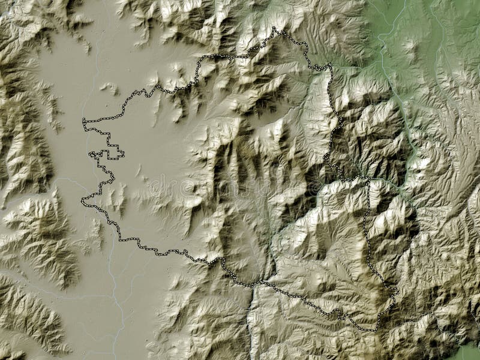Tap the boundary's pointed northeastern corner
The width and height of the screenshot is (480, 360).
click(x=329, y=65)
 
